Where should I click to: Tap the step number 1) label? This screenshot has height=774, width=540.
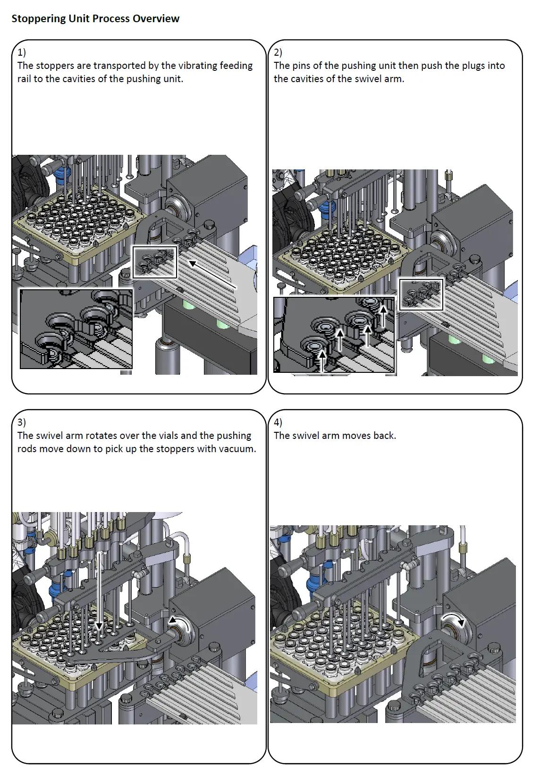point(21,52)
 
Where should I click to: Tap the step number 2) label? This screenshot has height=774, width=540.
point(278,52)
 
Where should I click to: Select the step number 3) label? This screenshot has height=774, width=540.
point(21,422)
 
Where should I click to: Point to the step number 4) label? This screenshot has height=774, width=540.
point(278,422)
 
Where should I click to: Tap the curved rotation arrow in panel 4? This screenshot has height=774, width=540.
point(454,618)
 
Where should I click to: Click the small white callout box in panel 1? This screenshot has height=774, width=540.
point(155,262)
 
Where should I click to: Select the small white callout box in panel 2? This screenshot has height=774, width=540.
point(421,294)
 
